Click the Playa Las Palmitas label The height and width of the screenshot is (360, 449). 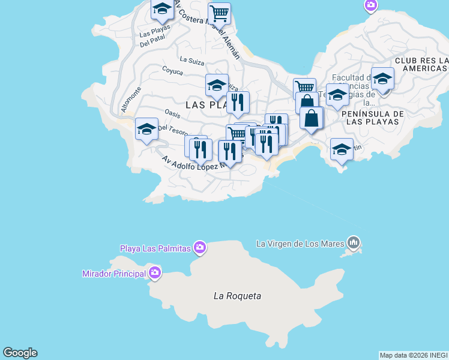pos(155,248)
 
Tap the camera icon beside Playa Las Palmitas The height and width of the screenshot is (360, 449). pos(200,247)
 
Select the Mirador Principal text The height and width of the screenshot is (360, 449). pos(114,274)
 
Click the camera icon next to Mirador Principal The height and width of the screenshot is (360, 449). pos(155,274)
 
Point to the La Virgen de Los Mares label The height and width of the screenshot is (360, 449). pos(300,244)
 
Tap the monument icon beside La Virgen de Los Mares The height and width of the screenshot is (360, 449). pos(354,243)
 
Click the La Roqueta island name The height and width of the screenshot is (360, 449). pos(238,296)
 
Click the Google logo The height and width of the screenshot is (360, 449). pos(20,353)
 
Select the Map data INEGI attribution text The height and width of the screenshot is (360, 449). pos(414,355)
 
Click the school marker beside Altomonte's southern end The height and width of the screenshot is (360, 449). pos(146,129)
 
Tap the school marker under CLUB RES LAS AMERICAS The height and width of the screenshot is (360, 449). pos(382,79)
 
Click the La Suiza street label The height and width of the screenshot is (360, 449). pos(191,59)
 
